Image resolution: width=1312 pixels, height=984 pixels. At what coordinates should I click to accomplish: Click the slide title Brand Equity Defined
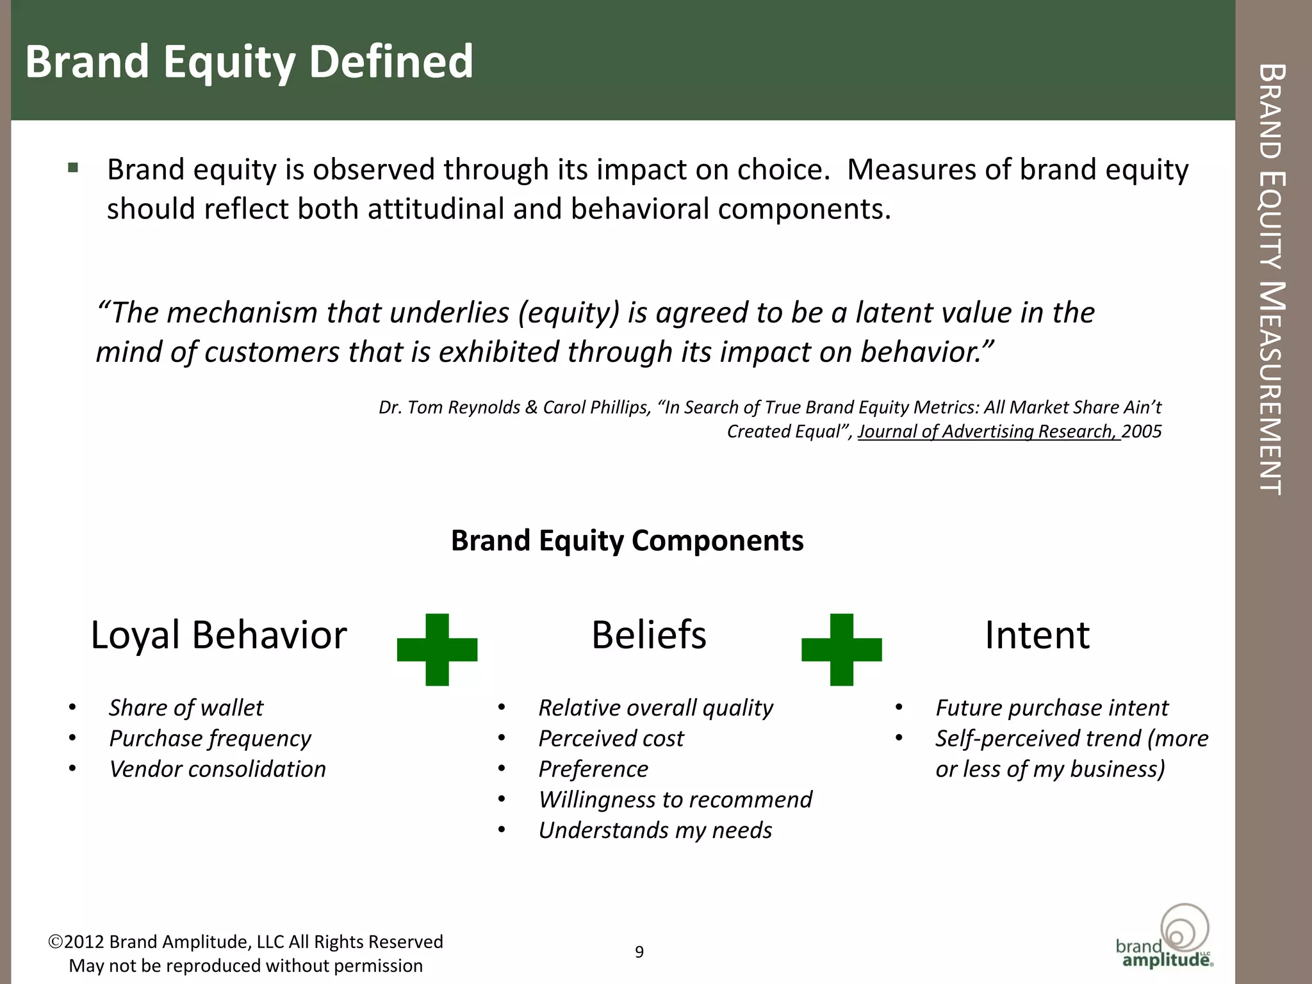[249, 62]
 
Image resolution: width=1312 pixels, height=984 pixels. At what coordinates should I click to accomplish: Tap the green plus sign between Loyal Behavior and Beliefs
[437, 649]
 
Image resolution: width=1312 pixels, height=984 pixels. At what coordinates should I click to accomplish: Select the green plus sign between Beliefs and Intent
[841, 649]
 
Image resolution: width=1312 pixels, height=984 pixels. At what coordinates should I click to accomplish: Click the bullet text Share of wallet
[186, 707]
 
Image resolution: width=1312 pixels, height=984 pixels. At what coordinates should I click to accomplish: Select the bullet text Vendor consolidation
[217, 769]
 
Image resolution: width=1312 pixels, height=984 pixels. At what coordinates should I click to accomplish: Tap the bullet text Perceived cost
[611, 738]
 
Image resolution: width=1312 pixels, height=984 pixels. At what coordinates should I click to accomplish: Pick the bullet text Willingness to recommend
[675, 799]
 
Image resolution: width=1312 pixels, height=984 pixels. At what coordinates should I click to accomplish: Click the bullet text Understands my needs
[655, 830]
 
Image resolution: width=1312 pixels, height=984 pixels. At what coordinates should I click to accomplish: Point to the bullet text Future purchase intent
[1051, 707]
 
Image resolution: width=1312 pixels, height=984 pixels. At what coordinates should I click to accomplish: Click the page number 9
[639, 952]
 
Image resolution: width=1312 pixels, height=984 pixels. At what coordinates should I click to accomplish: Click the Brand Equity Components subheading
[627, 540]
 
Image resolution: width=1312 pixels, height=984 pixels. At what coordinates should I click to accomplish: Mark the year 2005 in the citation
[1142, 431]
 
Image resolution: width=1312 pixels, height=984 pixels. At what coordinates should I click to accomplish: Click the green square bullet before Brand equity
[73, 168]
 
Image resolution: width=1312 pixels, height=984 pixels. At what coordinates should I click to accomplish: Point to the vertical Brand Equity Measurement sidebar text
[1272, 279]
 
